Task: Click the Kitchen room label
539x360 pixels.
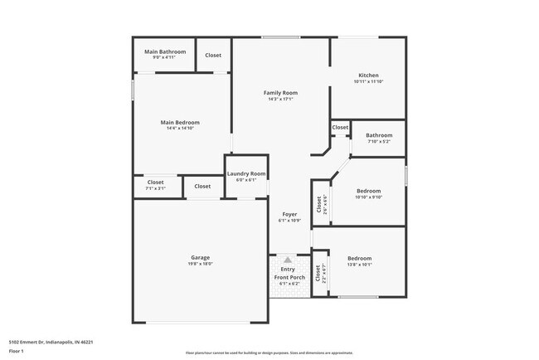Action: (367, 75)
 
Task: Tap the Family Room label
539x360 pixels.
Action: (280, 93)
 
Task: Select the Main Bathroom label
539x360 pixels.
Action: (165, 51)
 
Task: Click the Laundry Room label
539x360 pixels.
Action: (246, 173)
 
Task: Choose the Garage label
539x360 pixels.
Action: (200, 257)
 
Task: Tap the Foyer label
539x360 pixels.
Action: (289, 214)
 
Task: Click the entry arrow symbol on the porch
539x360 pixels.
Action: (288, 260)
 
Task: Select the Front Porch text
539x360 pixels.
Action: (288, 277)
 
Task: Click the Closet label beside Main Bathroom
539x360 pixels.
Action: (213, 55)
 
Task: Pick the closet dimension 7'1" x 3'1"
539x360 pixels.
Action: (156, 188)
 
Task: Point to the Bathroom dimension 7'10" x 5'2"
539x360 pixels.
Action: (379, 141)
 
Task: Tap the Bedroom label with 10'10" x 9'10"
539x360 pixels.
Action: (367, 190)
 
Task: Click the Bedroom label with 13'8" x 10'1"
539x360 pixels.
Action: (359, 258)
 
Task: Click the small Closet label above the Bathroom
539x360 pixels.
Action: (340, 128)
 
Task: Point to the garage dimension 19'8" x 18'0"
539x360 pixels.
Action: (200, 264)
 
